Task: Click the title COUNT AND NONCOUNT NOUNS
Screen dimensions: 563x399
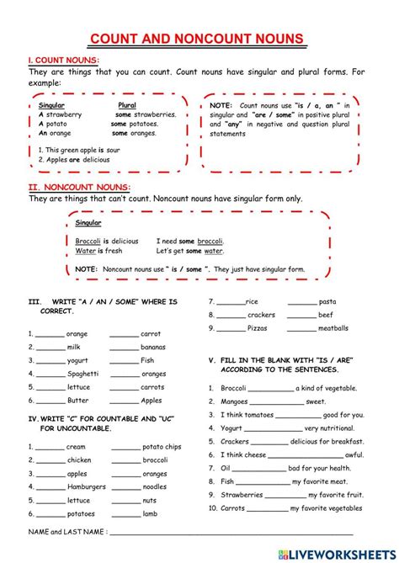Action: [199, 38]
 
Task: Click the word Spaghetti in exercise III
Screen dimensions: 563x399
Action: [82, 374]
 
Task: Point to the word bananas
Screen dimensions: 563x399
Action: [153, 347]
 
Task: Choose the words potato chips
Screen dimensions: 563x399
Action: [162, 447]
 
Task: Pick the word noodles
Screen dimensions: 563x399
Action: [154, 487]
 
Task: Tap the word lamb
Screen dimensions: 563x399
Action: [151, 514]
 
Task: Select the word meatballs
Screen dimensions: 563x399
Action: [333, 328]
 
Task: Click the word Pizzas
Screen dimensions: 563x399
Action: [258, 328]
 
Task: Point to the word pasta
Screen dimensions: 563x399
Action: [327, 301]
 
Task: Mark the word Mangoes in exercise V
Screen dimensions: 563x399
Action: [235, 401]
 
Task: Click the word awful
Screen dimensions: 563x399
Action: [354, 454]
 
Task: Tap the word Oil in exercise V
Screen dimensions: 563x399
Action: [226, 468]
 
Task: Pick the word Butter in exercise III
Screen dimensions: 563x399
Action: [78, 401]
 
